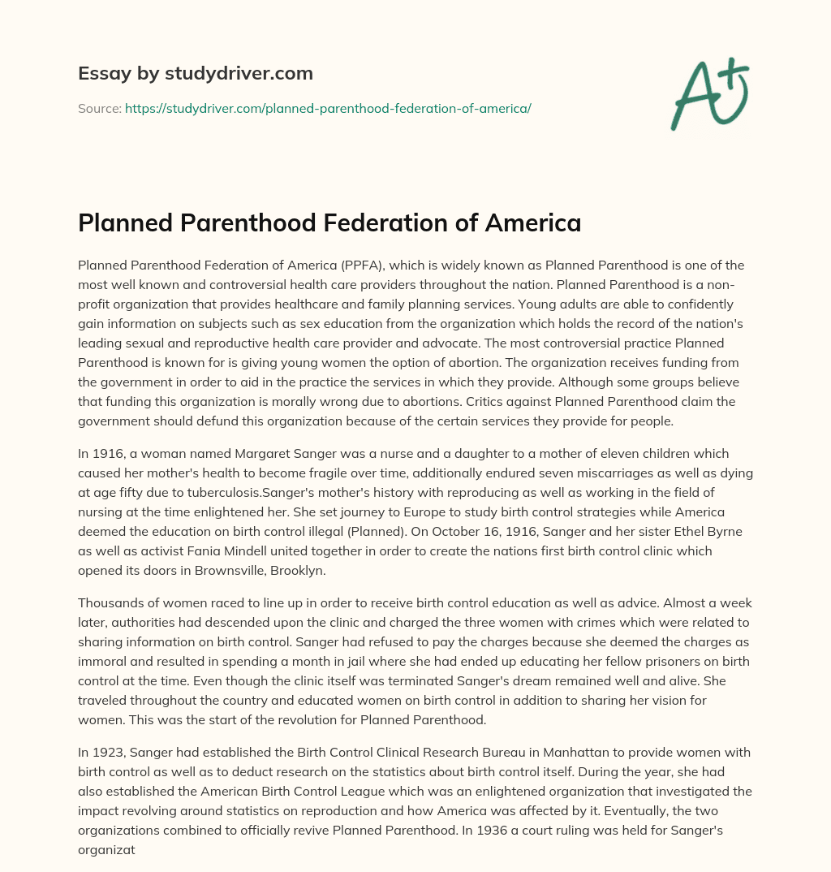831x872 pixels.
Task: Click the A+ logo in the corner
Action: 709,93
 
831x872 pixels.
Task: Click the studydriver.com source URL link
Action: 328,108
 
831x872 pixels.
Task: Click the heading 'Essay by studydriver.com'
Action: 196,73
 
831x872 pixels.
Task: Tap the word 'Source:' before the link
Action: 100,108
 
